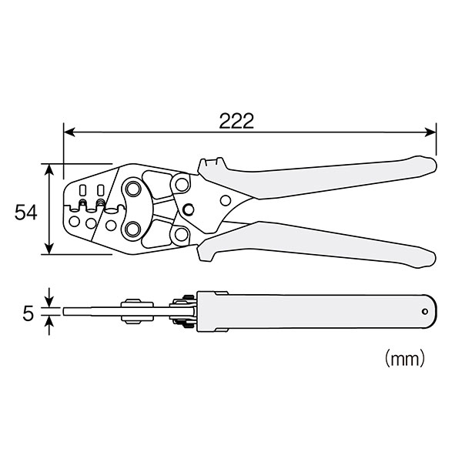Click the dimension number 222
coord(236,121)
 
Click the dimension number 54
coord(26,213)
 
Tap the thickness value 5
coord(28,313)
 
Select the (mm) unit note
coord(405,358)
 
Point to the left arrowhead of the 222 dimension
coord(69,132)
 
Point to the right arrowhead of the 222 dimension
coord(430,132)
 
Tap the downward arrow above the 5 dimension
coord(49,297)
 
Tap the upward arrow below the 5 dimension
coord(50,325)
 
